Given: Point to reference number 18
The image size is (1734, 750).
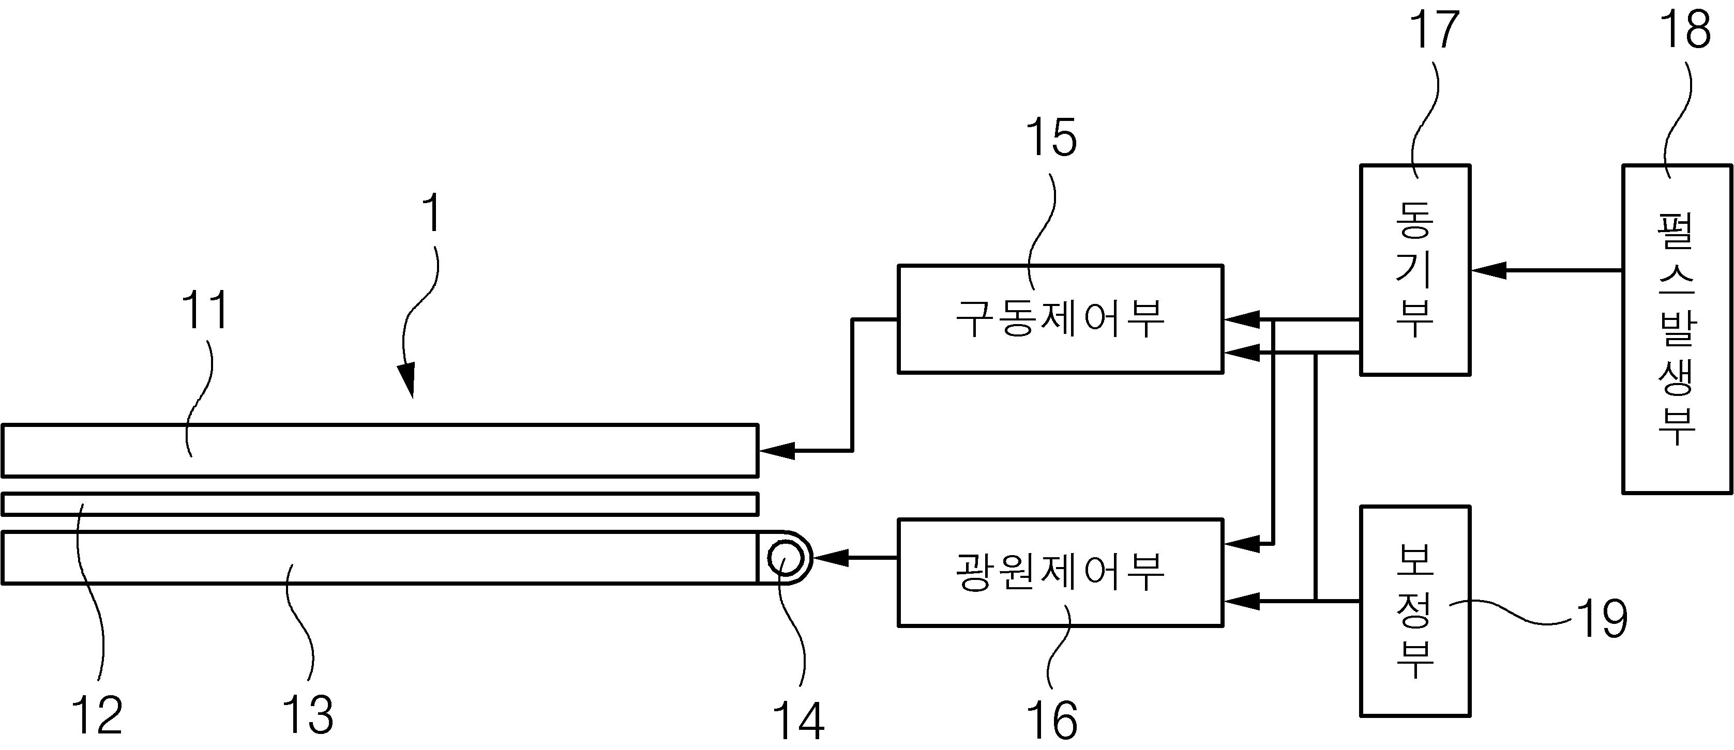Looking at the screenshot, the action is click(x=1685, y=30).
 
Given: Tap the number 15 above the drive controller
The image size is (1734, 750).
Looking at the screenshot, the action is click(x=1051, y=138).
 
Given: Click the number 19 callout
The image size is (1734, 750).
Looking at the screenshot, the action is click(x=1602, y=618).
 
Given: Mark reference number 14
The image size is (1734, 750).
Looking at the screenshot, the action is click(x=798, y=721).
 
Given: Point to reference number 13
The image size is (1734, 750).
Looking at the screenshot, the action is click(x=308, y=714).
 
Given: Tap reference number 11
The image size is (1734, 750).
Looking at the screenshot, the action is click(x=205, y=310).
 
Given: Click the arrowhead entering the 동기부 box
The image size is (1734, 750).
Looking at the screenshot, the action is click(x=1488, y=270).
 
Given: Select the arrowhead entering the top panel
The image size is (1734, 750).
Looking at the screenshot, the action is click(x=777, y=451).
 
